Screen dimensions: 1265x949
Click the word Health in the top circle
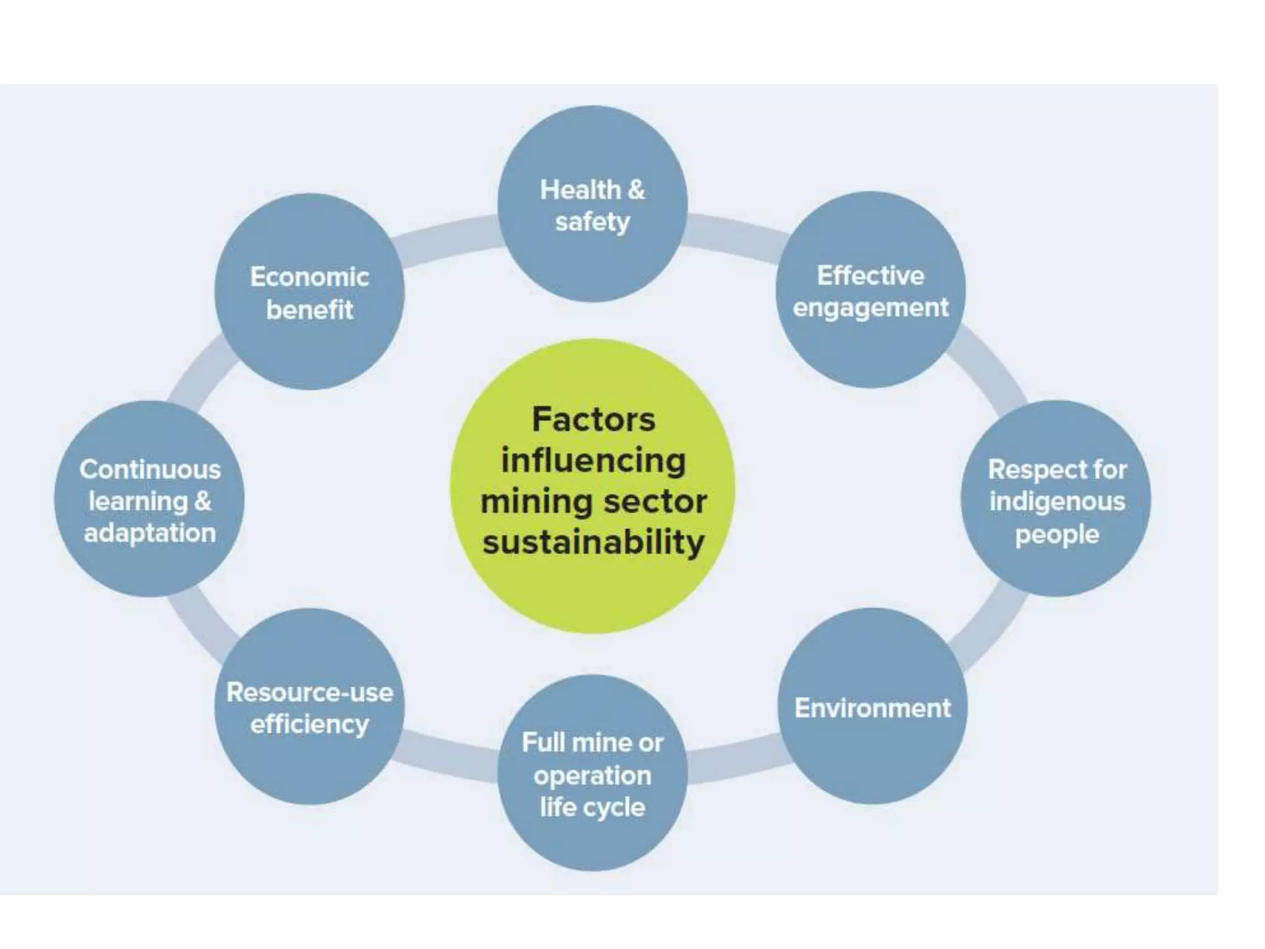tap(579, 190)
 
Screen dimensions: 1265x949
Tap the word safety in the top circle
tap(592, 222)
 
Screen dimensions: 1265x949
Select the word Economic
tap(309, 277)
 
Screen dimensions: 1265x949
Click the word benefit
tap(309, 310)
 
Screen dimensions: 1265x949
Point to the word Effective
tap(870, 276)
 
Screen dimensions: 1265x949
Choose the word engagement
tap(870, 308)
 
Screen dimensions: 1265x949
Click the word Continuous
tap(150, 470)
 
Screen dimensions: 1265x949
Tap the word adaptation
tap(150, 533)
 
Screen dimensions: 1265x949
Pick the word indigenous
tap(1057, 502)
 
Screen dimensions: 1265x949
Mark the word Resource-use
tap(309, 692)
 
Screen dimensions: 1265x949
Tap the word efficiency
tap(309, 724)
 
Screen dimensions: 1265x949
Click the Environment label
tap(872, 708)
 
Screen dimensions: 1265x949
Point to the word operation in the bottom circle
tap(592, 775)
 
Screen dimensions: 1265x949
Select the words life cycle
tap(592, 807)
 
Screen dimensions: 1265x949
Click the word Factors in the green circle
tap(593, 420)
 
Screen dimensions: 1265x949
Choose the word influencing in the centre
tap(593, 461)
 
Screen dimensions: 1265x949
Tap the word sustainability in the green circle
tap(593, 542)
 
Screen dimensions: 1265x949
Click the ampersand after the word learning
tap(203, 501)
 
